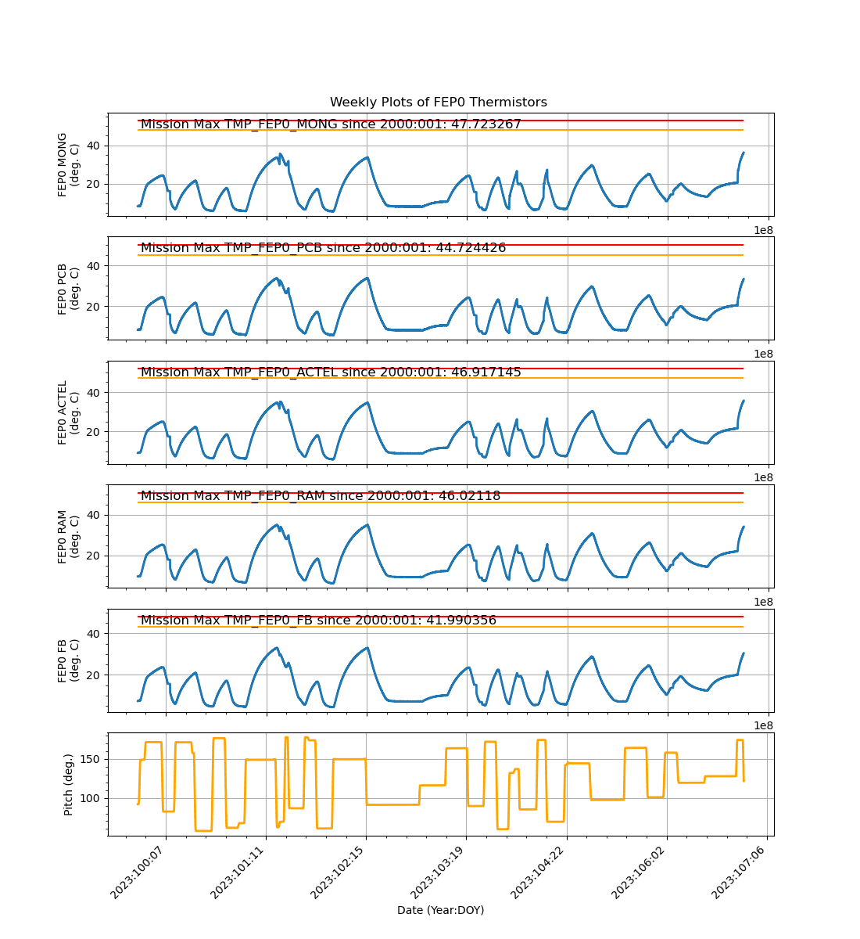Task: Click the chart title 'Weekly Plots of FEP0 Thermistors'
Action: click(x=438, y=103)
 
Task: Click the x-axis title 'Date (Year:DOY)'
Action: click(x=440, y=910)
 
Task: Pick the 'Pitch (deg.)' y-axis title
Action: click(x=69, y=784)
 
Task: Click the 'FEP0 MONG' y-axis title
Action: click(x=69, y=164)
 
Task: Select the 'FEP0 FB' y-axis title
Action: click(x=69, y=661)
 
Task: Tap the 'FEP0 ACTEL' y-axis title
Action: click(x=69, y=412)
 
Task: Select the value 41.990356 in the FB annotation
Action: click(x=461, y=621)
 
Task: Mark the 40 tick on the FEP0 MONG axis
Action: click(x=95, y=146)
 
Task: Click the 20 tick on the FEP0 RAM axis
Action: click(x=95, y=556)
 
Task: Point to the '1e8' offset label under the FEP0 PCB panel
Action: click(x=763, y=354)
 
